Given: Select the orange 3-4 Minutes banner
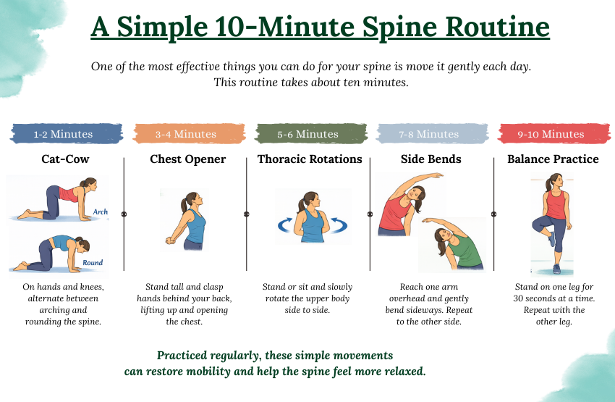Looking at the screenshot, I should point(185,134).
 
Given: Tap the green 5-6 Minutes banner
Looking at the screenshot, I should point(308,134).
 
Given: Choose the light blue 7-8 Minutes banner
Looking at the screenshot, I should point(429,134).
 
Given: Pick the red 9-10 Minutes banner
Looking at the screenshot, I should point(551,134).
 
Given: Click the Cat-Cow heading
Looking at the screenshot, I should point(65,159).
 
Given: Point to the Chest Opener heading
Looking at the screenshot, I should point(187,159).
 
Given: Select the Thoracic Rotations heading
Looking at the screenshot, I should point(310,159).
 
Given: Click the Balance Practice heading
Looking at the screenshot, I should point(553,159).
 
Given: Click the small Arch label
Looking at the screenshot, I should point(100,212).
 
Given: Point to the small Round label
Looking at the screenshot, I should point(93,263).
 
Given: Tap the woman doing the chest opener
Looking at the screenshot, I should point(187,221).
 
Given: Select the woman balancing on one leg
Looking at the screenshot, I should point(555,221).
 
